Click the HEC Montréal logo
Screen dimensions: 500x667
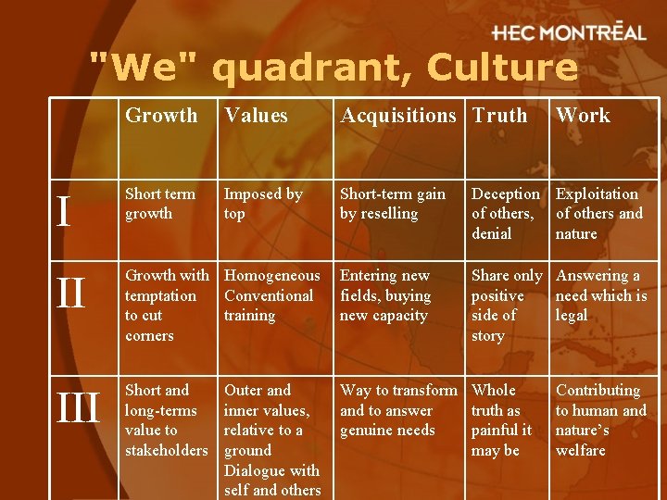point(569,32)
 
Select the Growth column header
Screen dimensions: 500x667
point(161,116)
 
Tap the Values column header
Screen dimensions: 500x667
point(256,116)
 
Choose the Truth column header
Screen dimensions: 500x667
point(499,116)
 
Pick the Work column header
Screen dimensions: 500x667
point(583,116)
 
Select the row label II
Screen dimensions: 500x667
point(70,295)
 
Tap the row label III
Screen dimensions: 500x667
point(78,409)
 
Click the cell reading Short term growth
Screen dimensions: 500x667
point(160,204)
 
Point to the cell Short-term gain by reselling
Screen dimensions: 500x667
point(393,204)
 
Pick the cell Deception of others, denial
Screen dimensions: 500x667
point(505,214)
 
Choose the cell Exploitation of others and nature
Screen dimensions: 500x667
point(598,214)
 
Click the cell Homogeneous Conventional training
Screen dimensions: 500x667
point(271,295)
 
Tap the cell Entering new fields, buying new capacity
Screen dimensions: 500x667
point(385,295)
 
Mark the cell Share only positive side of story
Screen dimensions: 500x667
point(506,306)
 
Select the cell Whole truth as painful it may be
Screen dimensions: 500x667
point(502,420)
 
